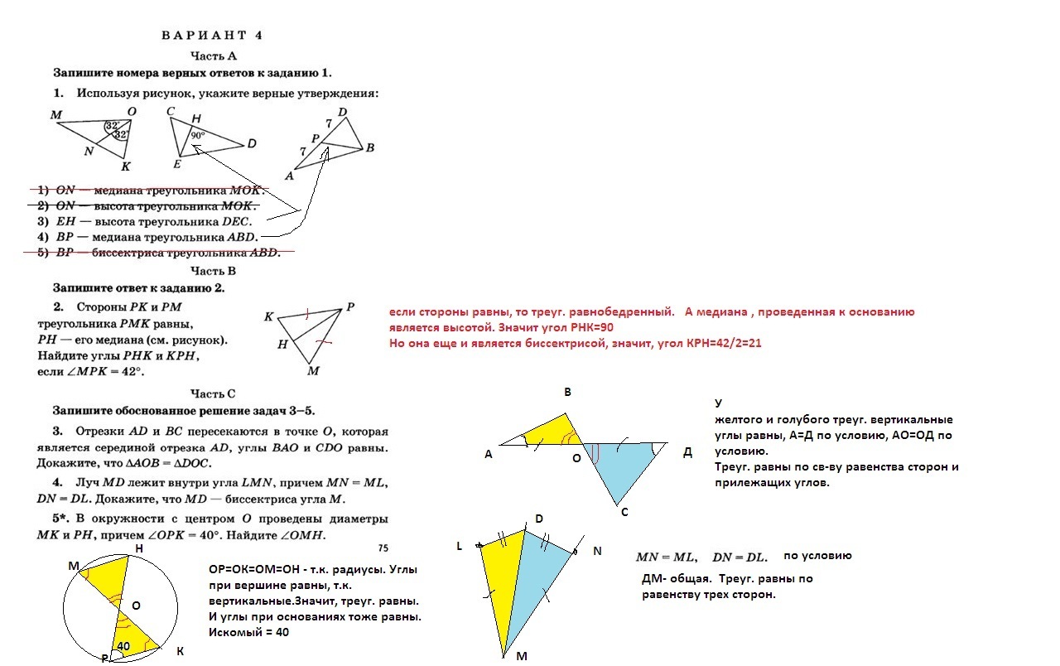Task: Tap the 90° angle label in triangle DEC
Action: tap(197, 134)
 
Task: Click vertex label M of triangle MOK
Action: tap(56, 114)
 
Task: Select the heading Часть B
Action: tap(214, 271)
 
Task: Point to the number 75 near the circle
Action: tap(383, 548)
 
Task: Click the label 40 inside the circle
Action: tap(123, 645)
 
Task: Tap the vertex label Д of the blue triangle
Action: tap(687, 451)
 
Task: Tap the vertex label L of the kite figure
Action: tap(459, 546)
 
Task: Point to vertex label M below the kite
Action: tap(522, 656)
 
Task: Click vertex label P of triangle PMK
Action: tap(350, 306)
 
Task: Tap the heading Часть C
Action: tap(214, 393)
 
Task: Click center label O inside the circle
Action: tap(136, 606)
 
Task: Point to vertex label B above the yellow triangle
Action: tap(567, 392)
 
